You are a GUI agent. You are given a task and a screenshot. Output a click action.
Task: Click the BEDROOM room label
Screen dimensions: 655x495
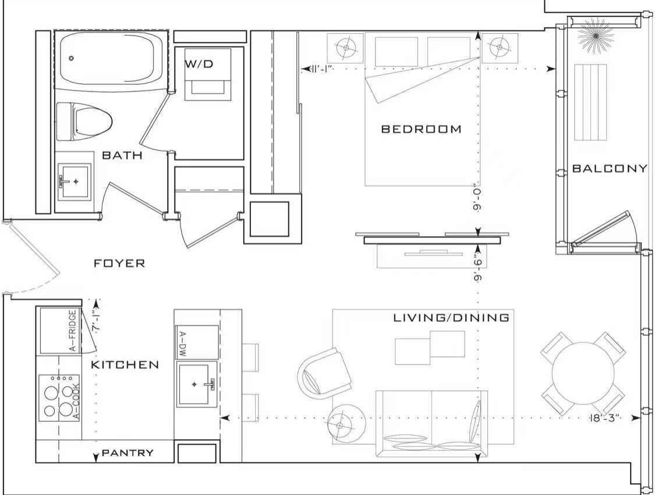tap(422, 129)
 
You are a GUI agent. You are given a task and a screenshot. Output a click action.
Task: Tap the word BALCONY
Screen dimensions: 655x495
tap(610, 168)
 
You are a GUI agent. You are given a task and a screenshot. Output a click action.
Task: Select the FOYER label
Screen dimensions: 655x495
tap(119, 263)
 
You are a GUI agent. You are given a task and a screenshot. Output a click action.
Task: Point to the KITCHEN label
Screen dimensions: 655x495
tap(125, 364)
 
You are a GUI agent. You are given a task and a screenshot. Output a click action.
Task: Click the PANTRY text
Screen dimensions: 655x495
tap(128, 453)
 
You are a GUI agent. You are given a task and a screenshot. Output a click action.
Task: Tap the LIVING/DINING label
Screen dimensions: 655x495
tap(451, 318)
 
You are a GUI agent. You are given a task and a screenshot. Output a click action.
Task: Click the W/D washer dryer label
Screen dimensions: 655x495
tap(199, 64)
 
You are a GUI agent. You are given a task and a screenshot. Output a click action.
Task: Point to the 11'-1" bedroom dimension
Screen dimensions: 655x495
tap(321, 69)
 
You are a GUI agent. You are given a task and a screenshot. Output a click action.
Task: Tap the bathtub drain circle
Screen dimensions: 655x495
tap(71, 58)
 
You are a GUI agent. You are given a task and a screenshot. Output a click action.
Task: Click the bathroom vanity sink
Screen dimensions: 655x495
tap(75, 181)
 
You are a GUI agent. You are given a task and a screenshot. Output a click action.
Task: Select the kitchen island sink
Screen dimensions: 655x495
tap(197, 384)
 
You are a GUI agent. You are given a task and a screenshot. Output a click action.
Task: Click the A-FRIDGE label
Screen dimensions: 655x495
tap(73, 331)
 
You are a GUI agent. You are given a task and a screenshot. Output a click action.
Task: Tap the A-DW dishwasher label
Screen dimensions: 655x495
tap(183, 344)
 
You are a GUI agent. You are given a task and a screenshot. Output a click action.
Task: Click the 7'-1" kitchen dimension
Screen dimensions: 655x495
tap(95, 321)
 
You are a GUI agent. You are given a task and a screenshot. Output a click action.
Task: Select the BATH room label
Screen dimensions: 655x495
tap(122, 155)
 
